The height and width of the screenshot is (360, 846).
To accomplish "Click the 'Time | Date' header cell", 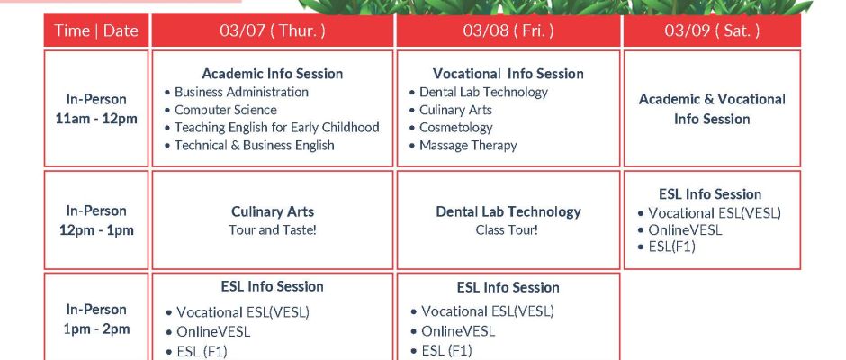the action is (x=96, y=31).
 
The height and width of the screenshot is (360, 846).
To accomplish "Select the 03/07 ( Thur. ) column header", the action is (x=273, y=31).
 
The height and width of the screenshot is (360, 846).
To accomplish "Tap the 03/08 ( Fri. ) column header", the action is (x=508, y=31).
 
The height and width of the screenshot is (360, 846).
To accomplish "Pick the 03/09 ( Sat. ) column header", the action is (x=712, y=31).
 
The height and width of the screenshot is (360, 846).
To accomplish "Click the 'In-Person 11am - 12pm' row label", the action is (x=96, y=109).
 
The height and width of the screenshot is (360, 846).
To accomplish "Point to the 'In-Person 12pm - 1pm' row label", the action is (x=96, y=220).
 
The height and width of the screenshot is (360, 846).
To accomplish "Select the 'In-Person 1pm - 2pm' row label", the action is (x=96, y=319).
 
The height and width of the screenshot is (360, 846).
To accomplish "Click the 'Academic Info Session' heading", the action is (x=273, y=74).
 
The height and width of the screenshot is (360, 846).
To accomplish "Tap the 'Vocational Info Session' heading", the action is (x=508, y=74).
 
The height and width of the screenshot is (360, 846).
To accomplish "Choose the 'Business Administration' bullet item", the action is (x=241, y=93).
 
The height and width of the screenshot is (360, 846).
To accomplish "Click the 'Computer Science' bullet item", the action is (x=226, y=110).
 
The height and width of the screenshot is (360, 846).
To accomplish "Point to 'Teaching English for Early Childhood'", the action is (x=277, y=128).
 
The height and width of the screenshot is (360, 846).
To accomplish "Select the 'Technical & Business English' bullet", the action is (x=254, y=146).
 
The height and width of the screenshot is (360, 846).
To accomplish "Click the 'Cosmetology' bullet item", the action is (x=456, y=128).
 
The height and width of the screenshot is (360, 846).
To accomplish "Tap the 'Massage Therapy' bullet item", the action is (x=468, y=146).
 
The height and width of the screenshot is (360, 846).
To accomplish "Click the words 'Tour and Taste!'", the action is (x=273, y=229).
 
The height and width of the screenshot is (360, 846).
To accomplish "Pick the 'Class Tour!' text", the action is (x=507, y=229).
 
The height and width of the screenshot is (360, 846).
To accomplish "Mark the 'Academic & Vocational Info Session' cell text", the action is (x=712, y=109).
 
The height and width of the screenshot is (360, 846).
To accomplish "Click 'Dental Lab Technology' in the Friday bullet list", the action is (x=483, y=93).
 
